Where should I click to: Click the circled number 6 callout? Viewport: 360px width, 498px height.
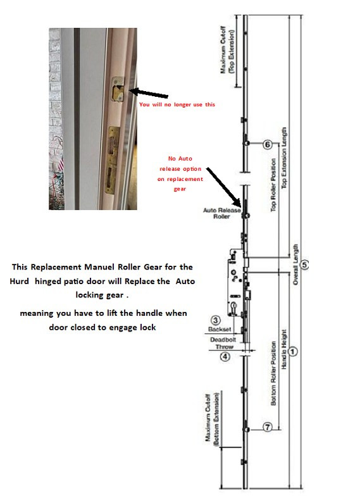[267, 144]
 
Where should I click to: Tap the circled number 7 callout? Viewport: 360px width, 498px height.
[268, 427]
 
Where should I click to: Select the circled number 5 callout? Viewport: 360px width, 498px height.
[304, 265]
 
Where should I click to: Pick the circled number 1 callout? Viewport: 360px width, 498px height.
[293, 352]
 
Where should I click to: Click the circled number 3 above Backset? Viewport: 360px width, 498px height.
[216, 320]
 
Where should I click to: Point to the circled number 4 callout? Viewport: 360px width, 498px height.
[225, 357]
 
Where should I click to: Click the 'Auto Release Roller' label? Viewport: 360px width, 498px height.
[221, 213]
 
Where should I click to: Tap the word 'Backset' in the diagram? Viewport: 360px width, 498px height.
[220, 329]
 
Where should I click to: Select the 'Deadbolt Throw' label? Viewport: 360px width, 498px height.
[223, 343]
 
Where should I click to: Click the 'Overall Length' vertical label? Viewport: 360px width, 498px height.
[295, 265]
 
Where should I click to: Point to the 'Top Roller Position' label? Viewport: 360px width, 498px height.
[273, 185]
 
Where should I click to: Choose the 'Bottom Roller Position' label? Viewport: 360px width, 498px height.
[273, 373]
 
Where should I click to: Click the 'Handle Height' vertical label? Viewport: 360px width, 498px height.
[284, 349]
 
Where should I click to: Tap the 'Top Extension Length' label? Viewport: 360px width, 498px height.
[284, 158]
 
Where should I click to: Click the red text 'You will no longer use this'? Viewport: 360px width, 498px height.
[177, 104]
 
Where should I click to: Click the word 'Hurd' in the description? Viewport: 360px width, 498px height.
[19, 281]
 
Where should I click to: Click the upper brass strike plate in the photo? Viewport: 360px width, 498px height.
[118, 89]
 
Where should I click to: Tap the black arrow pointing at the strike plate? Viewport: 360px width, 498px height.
[149, 94]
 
